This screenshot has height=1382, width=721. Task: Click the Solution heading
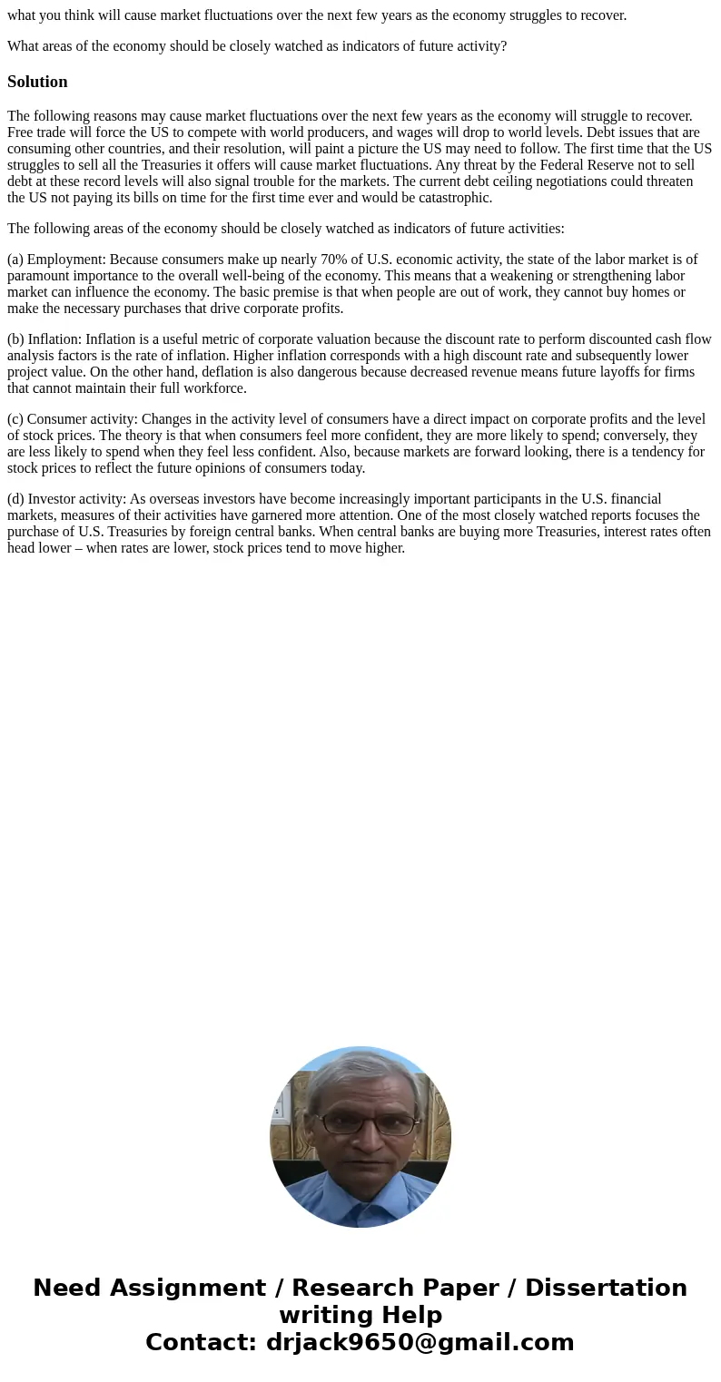[x=37, y=82]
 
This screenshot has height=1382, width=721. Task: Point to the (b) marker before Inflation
[x=16, y=339]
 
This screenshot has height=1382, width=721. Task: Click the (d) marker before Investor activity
[x=16, y=499]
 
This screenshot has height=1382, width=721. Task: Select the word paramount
[x=39, y=276]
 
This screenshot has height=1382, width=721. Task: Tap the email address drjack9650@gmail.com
[x=420, y=1342]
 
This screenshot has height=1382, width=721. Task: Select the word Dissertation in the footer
[x=606, y=1288]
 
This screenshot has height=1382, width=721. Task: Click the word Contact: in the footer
[x=201, y=1342]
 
